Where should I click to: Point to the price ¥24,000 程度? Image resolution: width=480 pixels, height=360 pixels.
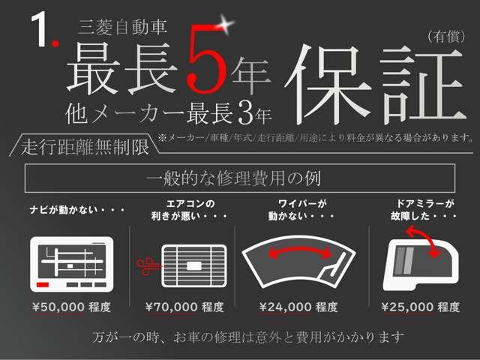click(298, 307)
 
